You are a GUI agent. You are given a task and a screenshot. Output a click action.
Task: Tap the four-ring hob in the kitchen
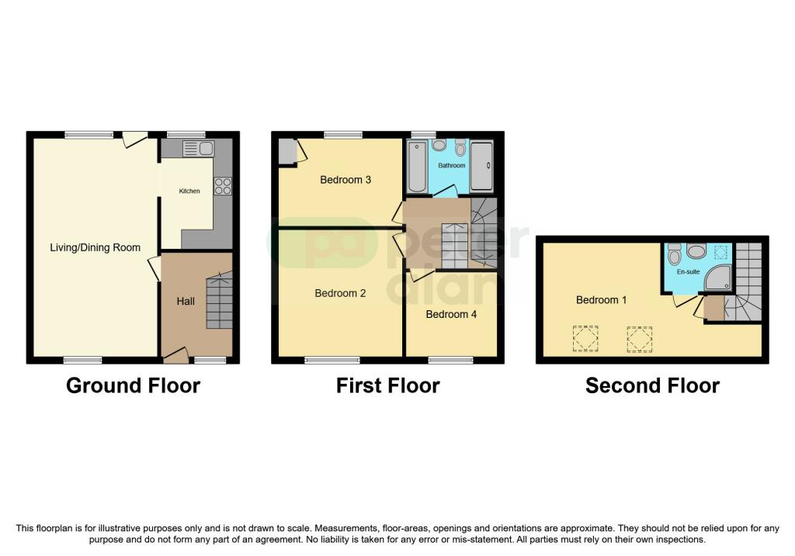[222, 185]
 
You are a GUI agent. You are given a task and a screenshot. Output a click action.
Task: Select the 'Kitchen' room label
[189, 191]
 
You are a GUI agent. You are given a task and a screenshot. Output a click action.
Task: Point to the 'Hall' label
[186, 301]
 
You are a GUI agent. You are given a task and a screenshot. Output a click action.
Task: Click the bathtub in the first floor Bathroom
[417, 166]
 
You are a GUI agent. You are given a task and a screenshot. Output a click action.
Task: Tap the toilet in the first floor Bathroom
[460, 148]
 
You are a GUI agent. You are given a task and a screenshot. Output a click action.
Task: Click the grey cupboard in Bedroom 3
[286, 150]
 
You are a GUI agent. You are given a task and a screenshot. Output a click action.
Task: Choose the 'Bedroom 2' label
[340, 293]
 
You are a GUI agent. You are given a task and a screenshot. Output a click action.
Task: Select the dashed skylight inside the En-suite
[721, 251]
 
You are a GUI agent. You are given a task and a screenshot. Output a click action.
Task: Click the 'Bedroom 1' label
[601, 299]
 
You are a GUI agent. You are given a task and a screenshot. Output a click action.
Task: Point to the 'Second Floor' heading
[652, 385]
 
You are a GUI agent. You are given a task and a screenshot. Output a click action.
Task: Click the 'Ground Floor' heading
[133, 385]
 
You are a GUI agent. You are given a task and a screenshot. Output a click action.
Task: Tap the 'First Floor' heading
[387, 385]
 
